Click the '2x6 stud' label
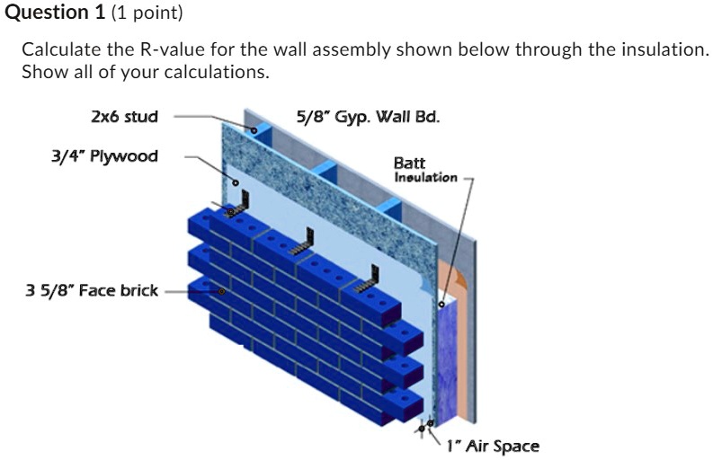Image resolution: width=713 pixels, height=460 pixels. (x=124, y=116)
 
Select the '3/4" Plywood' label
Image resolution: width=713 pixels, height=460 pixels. (x=103, y=156)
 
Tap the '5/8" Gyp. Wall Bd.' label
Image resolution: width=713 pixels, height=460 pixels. (x=368, y=116)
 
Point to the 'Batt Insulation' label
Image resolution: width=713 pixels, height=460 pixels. (x=424, y=170)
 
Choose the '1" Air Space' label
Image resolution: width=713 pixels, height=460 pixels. (x=493, y=446)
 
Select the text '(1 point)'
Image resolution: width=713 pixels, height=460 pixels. (x=144, y=13)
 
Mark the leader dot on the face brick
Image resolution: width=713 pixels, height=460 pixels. (x=221, y=291)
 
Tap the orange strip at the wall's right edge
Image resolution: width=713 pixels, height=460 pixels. (x=460, y=341)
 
